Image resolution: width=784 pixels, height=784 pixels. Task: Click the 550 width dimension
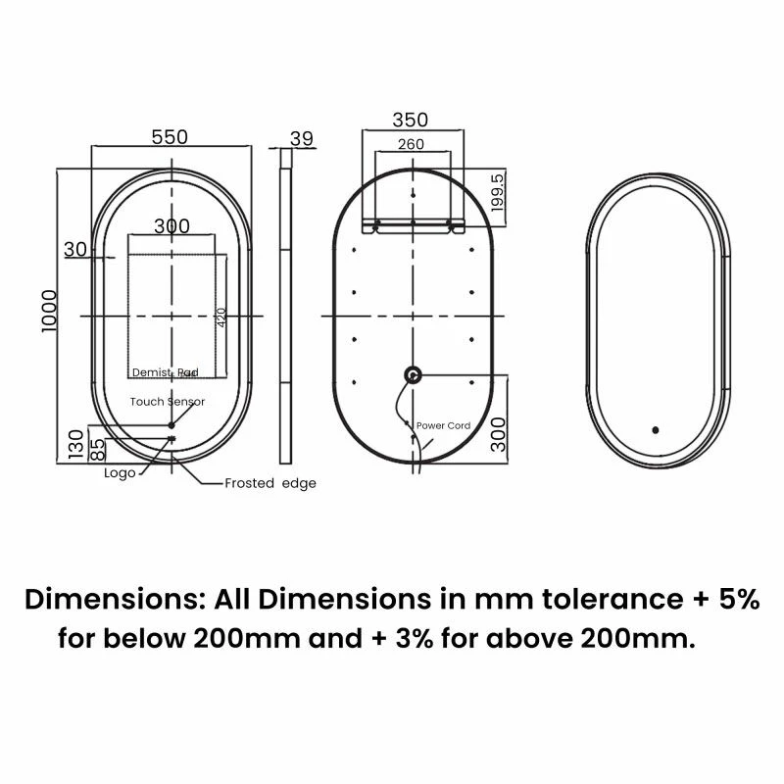tap(169, 138)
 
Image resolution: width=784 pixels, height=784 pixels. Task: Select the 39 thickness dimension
tap(302, 138)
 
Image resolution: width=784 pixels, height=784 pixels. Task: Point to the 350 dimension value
tap(410, 120)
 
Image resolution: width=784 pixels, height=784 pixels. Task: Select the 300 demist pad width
tap(171, 225)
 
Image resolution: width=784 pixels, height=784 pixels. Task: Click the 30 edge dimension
tap(75, 249)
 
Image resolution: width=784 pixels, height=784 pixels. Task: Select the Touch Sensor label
tap(167, 402)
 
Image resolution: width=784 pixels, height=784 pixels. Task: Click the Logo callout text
tap(120, 472)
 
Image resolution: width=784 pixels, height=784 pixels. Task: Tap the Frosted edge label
tap(269, 483)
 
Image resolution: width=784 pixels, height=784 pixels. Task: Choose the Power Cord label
tap(443, 426)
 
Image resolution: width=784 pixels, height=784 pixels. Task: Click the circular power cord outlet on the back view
tap(413, 373)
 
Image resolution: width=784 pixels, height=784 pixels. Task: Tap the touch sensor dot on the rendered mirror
tap(655, 428)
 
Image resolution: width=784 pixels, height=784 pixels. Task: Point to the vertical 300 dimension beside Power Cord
tap(499, 431)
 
